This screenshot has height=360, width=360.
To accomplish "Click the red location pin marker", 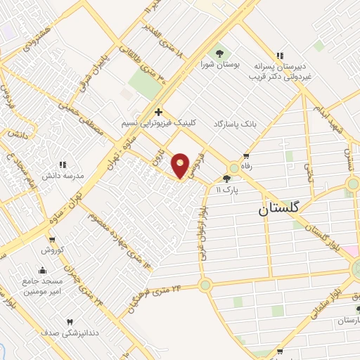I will click(x=181, y=165).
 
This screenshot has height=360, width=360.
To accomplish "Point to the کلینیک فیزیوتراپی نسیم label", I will click(x=159, y=122).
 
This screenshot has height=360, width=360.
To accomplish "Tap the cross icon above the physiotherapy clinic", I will click(x=159, y=111).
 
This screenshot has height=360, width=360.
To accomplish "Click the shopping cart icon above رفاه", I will click(x=246, y=156).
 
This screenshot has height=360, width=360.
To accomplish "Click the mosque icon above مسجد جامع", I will click(x=42, y=270).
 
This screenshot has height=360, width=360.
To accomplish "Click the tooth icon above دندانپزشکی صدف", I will click(x=69, y=322).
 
